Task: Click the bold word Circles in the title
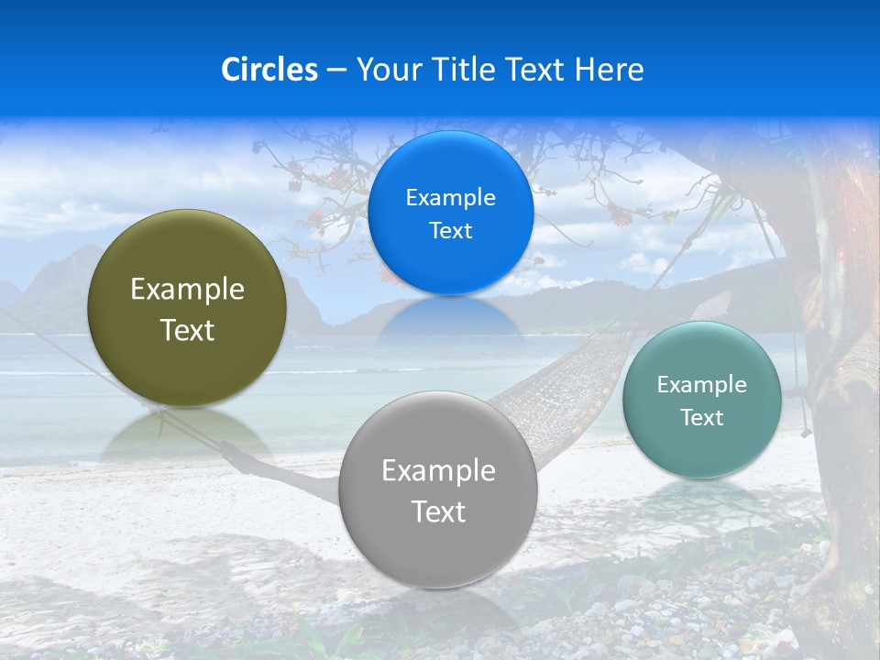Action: pyautogui.click(x=269, y=70)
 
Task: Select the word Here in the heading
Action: pyautogui.click(x=609, y=70)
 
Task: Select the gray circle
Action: pyautogui.click(x=437, y=550)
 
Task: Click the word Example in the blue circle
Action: pyautogui.click(x=450, y=198)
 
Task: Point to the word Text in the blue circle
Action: pyautogui.click(x=450, y=231)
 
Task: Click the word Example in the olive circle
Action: pyautogui.click(x=187, y=290)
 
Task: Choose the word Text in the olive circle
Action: pyautogui.click(x=187, y=330)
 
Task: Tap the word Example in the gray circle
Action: pyautogui.click(x=437, y=471)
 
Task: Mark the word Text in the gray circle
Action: pyautogui.click(x=437, y=511)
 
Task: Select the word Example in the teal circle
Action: pyautogui.click(x=701, y=385)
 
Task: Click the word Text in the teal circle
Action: pyautogui.click(x=701, y=418)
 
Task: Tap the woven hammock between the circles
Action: pyautogui.click(x=559, y=394)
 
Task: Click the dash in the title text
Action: pyautogui.click(x=336, y=70)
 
